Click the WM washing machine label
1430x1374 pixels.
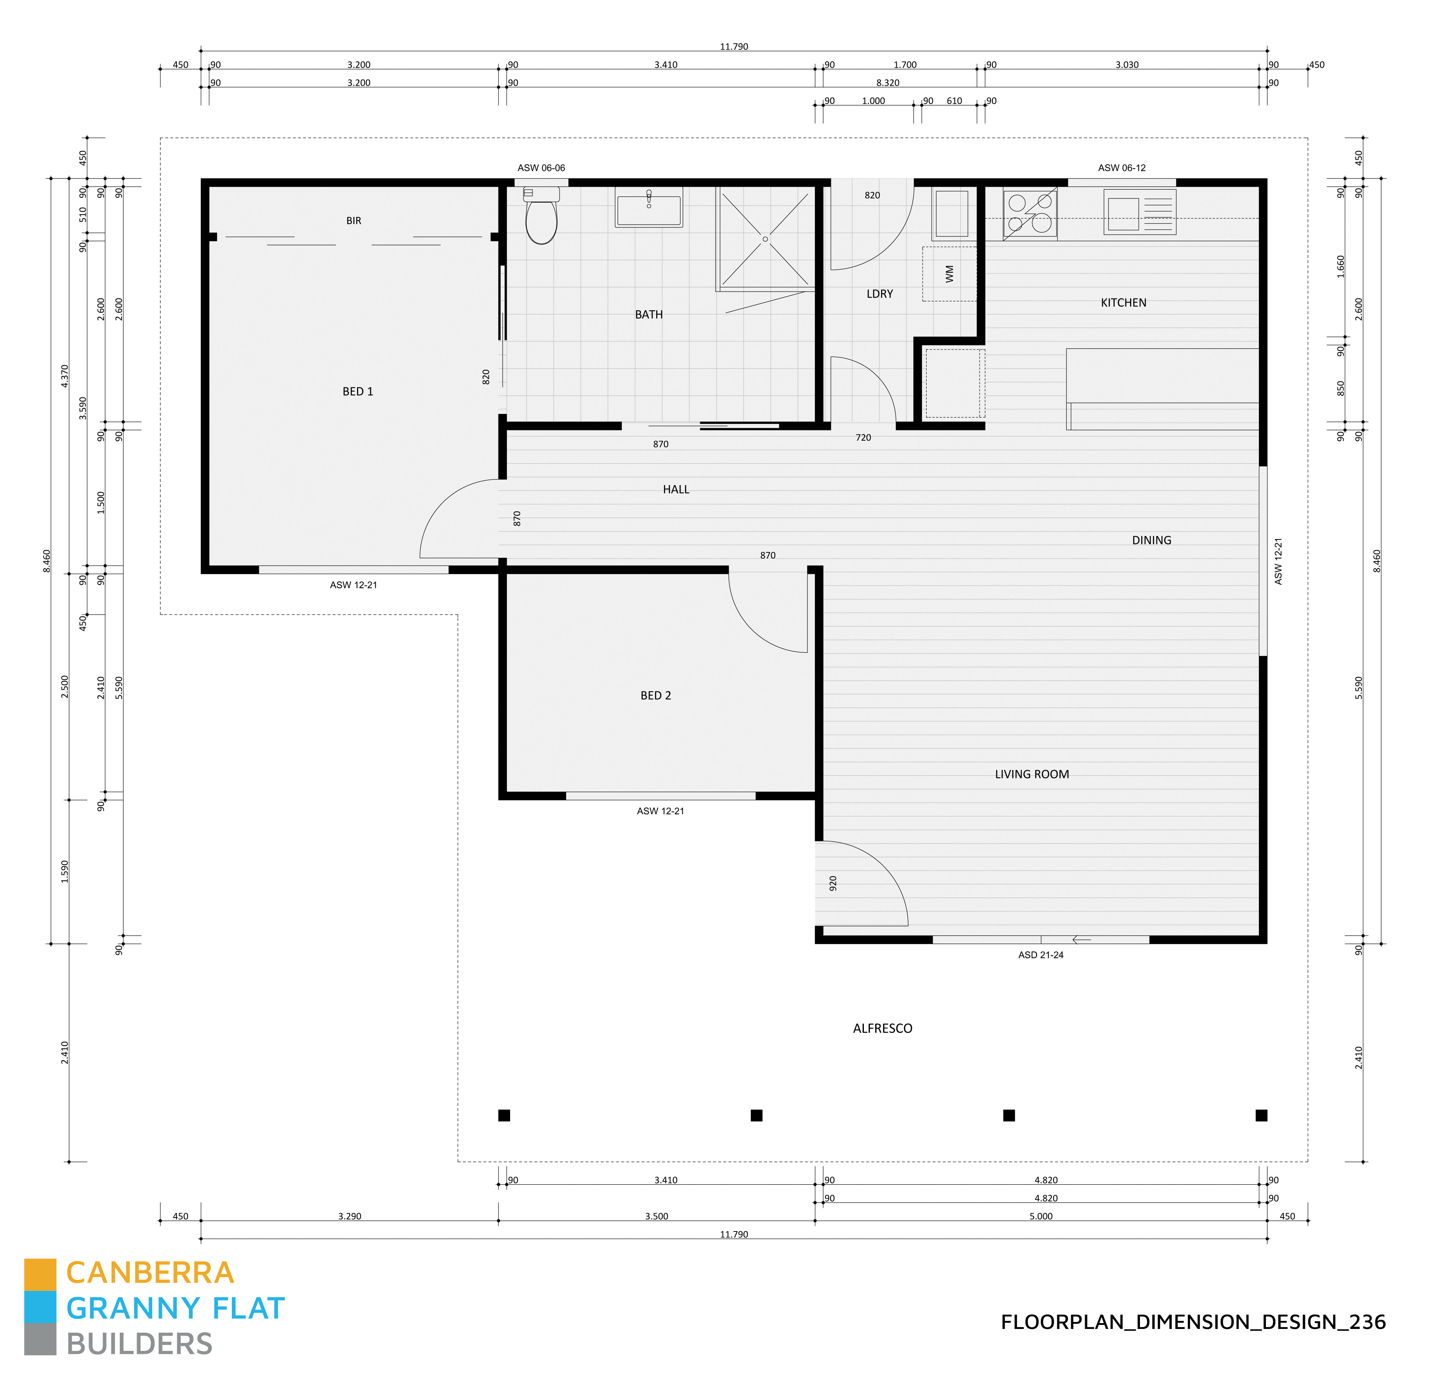point(949,274)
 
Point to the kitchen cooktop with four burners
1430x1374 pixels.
point(1029,214)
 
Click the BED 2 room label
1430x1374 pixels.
point(655,695)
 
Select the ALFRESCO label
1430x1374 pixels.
point(882,1028)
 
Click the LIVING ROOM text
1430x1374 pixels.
point(1032,774)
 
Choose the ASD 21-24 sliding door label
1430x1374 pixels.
point(1040,955)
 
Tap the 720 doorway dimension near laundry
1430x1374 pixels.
point(863,437)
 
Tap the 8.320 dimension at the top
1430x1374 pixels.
point(887,82)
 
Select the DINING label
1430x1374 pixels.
point(1151,540)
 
